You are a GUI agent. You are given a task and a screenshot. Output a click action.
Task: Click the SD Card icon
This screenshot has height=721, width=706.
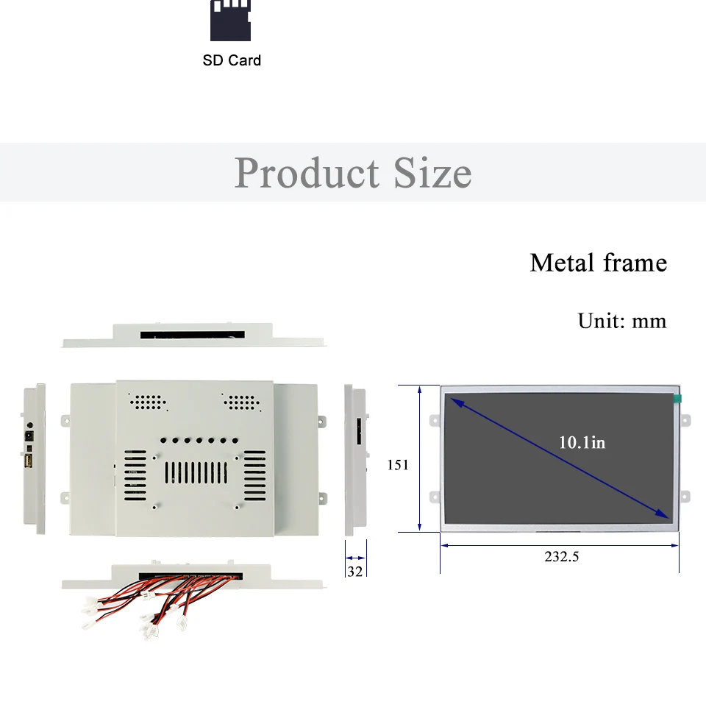230,21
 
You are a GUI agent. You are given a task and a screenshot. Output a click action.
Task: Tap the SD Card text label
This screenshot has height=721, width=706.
232,60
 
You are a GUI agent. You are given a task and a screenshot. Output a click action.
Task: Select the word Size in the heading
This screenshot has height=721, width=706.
432,172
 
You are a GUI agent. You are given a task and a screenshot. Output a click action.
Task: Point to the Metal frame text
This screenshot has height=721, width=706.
599,263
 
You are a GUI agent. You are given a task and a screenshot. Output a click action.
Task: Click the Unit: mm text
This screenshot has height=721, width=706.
622,321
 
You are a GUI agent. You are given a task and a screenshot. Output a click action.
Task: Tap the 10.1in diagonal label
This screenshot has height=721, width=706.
582,442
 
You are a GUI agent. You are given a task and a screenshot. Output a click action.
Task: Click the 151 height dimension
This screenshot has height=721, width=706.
398,465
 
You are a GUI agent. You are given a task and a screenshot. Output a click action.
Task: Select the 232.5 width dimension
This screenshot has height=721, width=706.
562,556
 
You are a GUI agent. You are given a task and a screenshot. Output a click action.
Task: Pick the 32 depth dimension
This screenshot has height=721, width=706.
354,571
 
